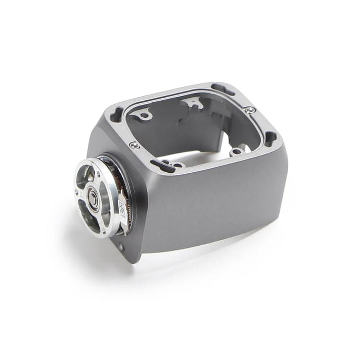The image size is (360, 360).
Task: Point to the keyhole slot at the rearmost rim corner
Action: (x=223, y=89)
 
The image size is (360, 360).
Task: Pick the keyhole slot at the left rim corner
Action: (x=116, y=113)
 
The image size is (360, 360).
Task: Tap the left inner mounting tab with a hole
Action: (x=142, y=114)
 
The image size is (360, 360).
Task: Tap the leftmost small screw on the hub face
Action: (x=77, y=193)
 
